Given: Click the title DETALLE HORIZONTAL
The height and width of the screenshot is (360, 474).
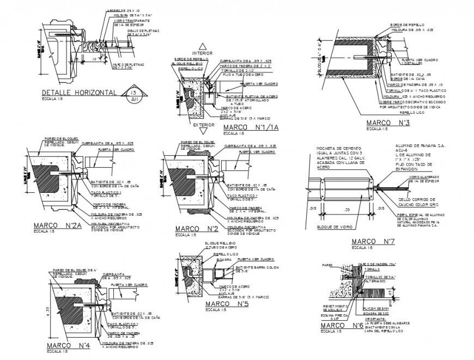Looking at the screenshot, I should click(78, 93).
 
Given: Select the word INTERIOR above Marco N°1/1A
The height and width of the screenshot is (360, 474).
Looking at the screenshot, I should click(203, 53).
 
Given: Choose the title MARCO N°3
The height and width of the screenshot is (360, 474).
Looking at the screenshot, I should click(387, 123).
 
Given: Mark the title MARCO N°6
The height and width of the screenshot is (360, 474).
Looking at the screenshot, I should click(342, 325).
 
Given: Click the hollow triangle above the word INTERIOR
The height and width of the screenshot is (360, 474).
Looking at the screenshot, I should click(203, 46).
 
